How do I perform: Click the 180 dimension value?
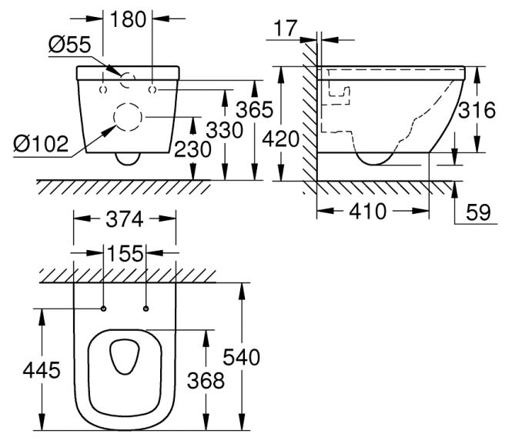[128, 19]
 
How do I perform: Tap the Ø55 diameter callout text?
[69, 45]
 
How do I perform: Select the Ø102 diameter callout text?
[41, 144]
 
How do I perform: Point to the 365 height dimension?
[254, 109]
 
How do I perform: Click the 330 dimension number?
[225, 130]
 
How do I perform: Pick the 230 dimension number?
[192, 150]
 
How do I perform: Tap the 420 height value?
[281, 139]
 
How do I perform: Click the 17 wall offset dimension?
[286, 28]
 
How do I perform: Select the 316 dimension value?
[477, 110]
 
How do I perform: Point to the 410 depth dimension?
[368, 212]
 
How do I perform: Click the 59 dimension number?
[478, 212]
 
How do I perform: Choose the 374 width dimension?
[125, 219]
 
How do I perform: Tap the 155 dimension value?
[125, 254]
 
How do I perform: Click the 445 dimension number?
[42, 370]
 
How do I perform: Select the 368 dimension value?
[206, 380]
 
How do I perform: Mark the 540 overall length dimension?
[241, 357]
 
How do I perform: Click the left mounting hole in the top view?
[103, 309]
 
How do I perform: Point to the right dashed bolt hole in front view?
[152, 90]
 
